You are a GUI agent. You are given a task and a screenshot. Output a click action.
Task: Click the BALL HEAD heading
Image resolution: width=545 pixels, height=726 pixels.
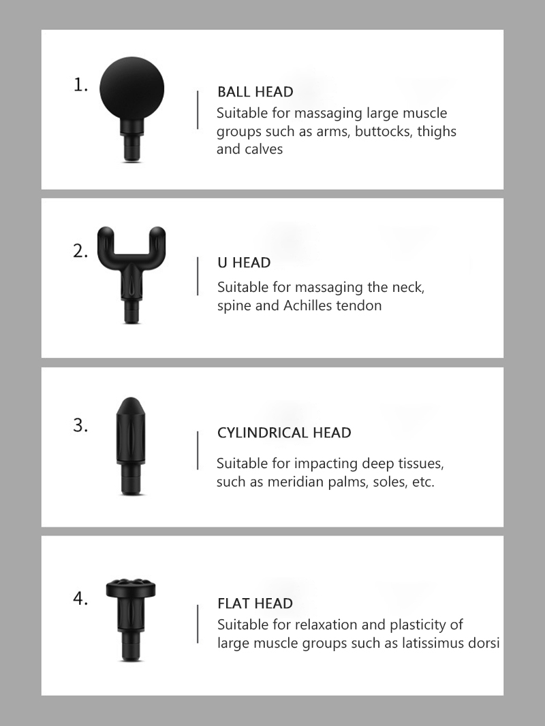point(255,92)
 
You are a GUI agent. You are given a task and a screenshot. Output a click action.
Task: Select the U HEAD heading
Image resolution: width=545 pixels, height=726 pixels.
point(244,263)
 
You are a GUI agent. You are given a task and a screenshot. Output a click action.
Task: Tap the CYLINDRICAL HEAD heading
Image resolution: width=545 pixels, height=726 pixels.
point(284,433)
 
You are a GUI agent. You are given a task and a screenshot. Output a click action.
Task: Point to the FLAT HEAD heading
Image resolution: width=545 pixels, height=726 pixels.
point(255,604)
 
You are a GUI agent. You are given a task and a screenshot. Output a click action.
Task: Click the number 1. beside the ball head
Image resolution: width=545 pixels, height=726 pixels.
point(80,85)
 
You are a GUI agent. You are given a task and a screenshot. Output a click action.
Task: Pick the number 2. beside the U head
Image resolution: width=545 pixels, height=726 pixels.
point(80,251)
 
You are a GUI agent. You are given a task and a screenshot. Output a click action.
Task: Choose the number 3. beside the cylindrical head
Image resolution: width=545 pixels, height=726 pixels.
point(80,425)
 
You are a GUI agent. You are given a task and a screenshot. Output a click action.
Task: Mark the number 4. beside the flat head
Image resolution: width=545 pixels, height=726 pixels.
point(80,598)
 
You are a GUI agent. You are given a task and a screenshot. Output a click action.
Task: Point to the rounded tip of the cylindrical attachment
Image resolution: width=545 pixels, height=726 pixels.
point(131,403)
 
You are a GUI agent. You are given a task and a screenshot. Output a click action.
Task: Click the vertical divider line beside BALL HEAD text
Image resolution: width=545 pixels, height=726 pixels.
point(198,110)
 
